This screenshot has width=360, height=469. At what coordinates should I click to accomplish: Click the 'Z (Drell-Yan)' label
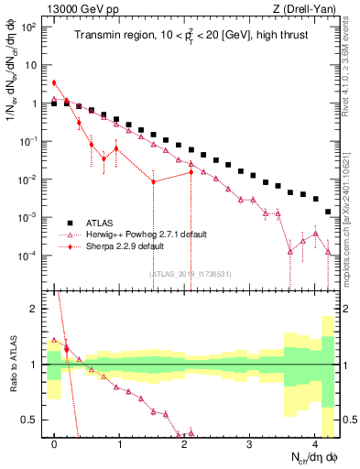tap(307, 8)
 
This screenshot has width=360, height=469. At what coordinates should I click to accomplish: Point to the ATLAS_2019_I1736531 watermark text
tap(191, 272)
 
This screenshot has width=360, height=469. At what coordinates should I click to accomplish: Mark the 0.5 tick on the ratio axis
tap(31, 420)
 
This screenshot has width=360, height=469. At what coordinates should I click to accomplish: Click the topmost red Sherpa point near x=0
tap(54, 82)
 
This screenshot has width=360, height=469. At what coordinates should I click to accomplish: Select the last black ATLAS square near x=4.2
tap(328, 212)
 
